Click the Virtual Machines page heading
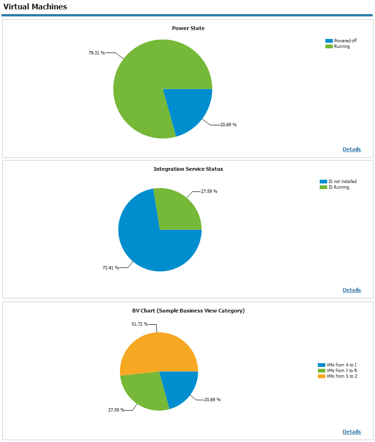point(35,7)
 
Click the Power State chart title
point(188,28)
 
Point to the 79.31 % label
point(97,53)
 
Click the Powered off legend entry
point(345,41)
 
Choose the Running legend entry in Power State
point(342,46)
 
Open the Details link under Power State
point(352,149)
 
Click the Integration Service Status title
point(188,169)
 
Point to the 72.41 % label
point(111,267)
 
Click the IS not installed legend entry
point(342,182)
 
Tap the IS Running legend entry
point(338,187)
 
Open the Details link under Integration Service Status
point(352,290)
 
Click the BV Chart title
point(188,311)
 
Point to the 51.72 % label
point(139,324)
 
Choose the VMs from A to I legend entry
point(341,365)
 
